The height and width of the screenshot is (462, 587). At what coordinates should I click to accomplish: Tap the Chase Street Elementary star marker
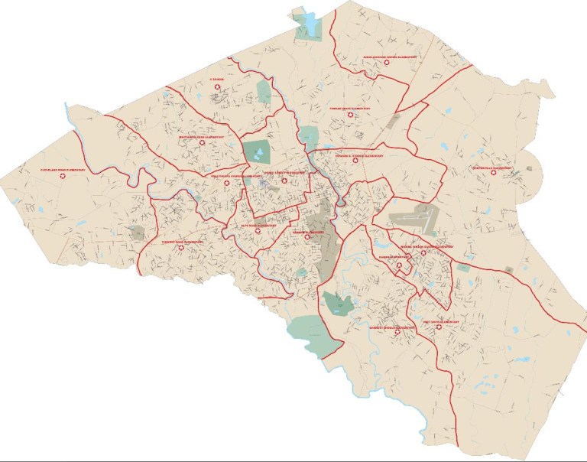[x=285, y=181]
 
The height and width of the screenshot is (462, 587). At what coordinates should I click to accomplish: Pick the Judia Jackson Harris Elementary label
[x=390, y=57]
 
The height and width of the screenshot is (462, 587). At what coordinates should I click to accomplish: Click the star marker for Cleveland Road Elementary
[x=64, y=177]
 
